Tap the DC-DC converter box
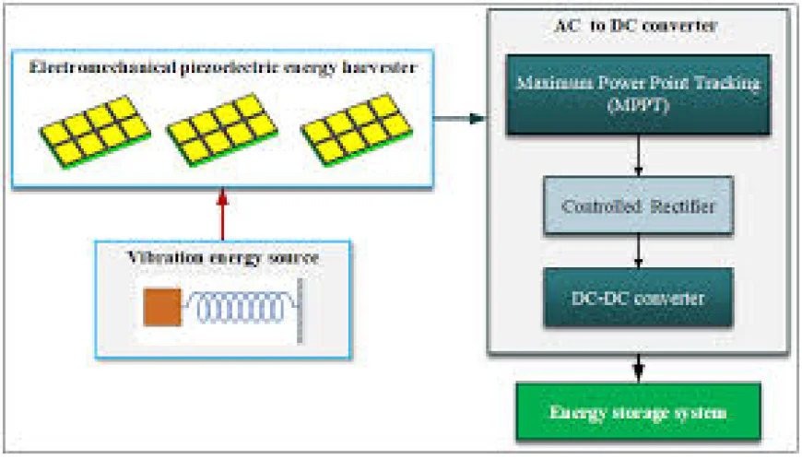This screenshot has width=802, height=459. pyautogui.click(x=638, y=297)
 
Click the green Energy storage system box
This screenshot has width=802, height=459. pyautogui.click(x=638, y=413)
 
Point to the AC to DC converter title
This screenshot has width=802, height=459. pyautogui.click(x=638, y=26)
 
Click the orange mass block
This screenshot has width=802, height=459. pyautogui.click(x=162, y=307)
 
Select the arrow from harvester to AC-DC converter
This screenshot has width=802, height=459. pyautogui.click(x=459, y=118)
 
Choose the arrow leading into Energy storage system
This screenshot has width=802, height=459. pyautogui.click(x=638, y=369)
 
